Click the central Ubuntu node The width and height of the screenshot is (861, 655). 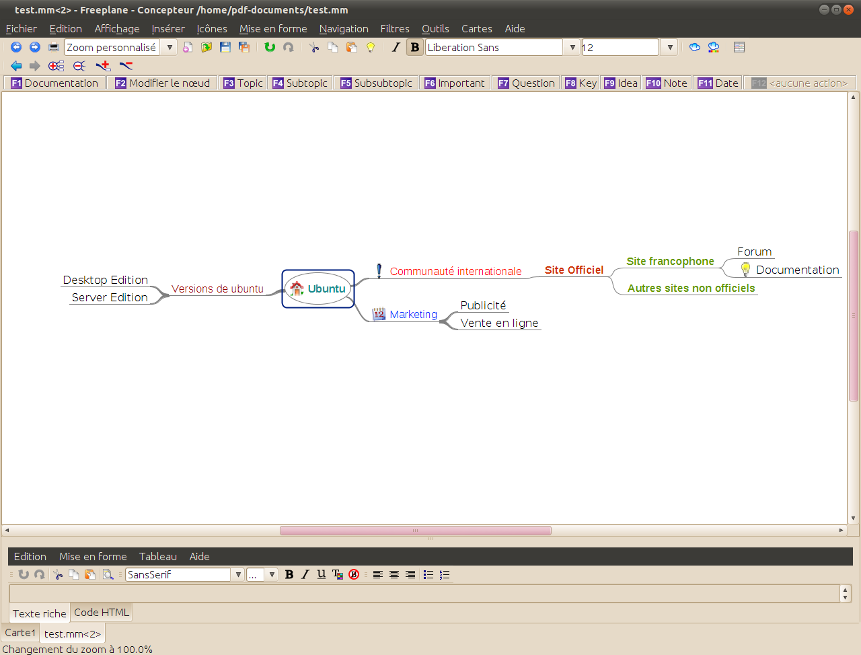[x=318, y=289]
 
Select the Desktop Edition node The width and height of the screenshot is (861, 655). [x=106, y=280]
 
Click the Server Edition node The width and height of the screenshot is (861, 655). [x=110, y=297]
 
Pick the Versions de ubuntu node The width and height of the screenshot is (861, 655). [x=217, y=289]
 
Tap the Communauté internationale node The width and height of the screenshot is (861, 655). [x=455, y=271]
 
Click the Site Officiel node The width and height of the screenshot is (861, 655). [x=574, y=270]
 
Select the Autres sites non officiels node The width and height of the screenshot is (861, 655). [x=691, y=288]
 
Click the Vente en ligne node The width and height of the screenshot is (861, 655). [x=499, y=323]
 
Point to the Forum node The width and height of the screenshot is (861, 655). [x=754, y=252]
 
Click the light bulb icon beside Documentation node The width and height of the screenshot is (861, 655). [x=745, y=269]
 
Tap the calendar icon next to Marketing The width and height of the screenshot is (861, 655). [x=379, y=314]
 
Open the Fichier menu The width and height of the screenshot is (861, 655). [x=21, y=29]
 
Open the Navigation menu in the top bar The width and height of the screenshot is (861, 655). [x=344, y=29]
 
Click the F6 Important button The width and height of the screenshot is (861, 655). [x=455, y=83]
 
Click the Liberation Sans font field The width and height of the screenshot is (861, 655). [x=494, y=48]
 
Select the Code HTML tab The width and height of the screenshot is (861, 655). [x=101, y=612]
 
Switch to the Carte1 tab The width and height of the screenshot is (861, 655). [x=20, y=633]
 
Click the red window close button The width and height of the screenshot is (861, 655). [x=848, y=10]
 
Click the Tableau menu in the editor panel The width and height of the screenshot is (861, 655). [x=157, y=557]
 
